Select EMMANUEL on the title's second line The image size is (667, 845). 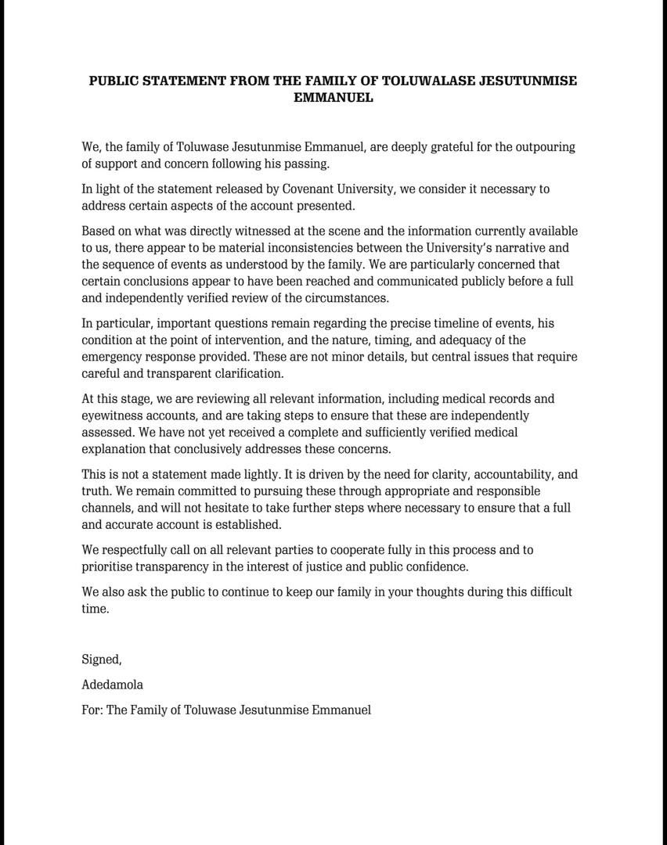[333, 98]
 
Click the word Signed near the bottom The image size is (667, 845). [101, 660]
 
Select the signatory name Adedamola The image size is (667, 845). [112, 685]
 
